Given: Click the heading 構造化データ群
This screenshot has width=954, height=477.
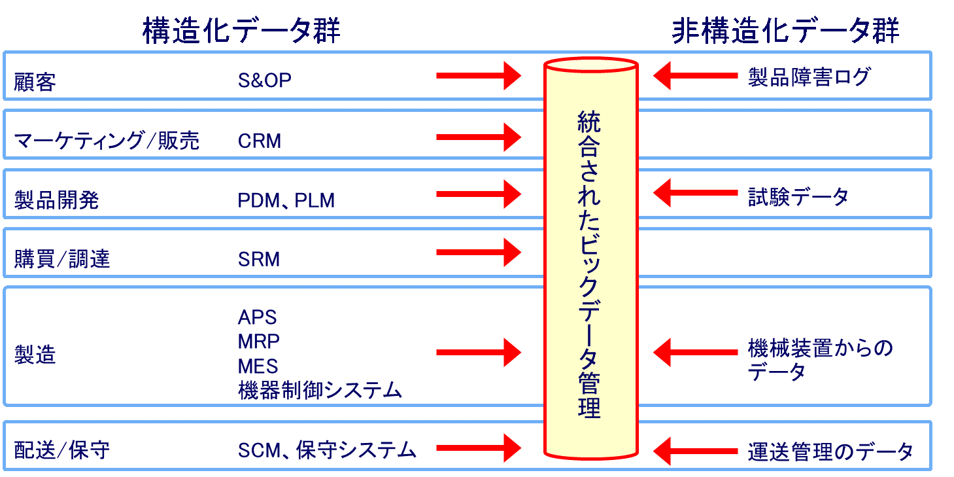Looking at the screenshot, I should tap(241, 31).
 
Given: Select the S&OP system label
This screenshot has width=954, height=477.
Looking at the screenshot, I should tap(264, 80).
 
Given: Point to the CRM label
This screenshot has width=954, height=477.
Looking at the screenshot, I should tap(260, 141).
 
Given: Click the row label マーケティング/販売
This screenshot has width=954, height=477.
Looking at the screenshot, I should tap(107, 141).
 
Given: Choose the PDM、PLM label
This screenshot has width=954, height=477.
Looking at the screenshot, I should tap(286, 200).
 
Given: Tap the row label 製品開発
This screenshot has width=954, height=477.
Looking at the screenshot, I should tap(56, 200).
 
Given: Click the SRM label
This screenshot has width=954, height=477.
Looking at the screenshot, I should tap(259, 260).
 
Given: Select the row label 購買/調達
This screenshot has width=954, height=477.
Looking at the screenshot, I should tap(62, 260).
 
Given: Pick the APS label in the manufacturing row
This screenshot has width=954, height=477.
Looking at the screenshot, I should tap(257, 317).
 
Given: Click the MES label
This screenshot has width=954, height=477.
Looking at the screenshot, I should tap(258, 366).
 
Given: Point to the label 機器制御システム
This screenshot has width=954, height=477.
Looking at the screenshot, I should tap(320, 391).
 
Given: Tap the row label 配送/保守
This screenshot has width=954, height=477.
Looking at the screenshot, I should tap(61, 450).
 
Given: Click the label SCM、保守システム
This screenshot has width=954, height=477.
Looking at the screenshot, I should tap(327, 450).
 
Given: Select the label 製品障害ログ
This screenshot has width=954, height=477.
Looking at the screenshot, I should tap(809, 77).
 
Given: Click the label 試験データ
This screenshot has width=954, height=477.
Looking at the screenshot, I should tap(798, 196).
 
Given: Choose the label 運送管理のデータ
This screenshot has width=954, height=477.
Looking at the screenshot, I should tap(830, 451).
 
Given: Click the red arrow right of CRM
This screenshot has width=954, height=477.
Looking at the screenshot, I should tap(478, 137).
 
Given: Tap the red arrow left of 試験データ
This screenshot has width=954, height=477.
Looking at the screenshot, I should tap(696, 194).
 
